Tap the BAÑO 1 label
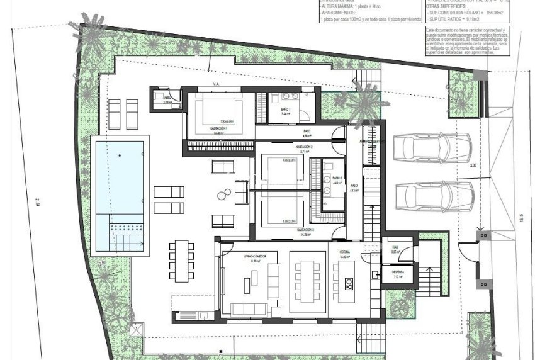(x=285, y=110)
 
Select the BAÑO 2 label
(x=337, y=179)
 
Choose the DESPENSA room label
(x=397, y=272)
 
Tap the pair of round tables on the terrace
(x=224, y=194)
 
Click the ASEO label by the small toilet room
(x=167, y=99)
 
